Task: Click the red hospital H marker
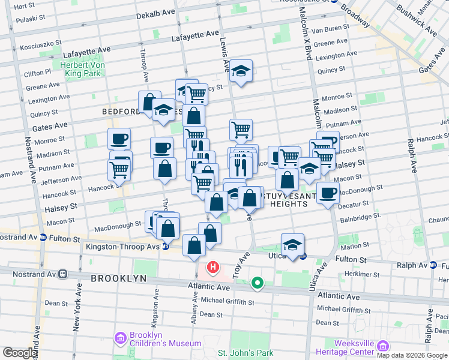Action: click(x=212, y=267)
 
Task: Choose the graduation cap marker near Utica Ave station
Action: click(x=292, y=245)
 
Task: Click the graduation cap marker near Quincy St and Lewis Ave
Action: click(x=241, y=71)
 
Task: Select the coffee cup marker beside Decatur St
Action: click(x=328, y=194)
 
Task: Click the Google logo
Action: click(x=20, y=353)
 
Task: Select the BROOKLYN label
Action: click(x=119, y=278)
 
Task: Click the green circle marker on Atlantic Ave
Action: click(x=258, y=282)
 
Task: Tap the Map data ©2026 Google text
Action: click(x=411, y=355)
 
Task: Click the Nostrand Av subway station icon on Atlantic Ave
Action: click(x=62, y=274)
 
